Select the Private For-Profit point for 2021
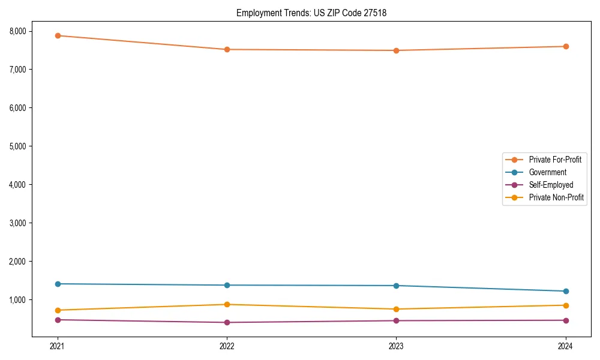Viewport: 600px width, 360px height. pos(58,35)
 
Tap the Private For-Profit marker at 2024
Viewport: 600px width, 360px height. pos(566,46)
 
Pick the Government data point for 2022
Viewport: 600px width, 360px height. pos(227,285)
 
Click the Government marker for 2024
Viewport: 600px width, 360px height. pos(566,291)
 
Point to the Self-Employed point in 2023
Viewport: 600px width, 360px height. pos(396,320)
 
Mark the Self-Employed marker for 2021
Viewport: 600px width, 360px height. pos(58,320)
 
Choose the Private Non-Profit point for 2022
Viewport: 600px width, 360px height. pos(227,304)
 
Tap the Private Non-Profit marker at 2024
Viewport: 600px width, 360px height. pos(566,305)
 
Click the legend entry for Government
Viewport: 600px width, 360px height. pos(547,172)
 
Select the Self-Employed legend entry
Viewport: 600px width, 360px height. pos(551,185)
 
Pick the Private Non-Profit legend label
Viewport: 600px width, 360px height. pos(556,197)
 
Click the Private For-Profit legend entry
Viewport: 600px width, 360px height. pos(554,160)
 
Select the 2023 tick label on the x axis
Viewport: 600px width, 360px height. pos(396,346)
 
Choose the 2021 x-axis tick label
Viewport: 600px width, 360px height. pos(58,346)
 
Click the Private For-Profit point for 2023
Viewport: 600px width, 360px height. pos(396,50)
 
